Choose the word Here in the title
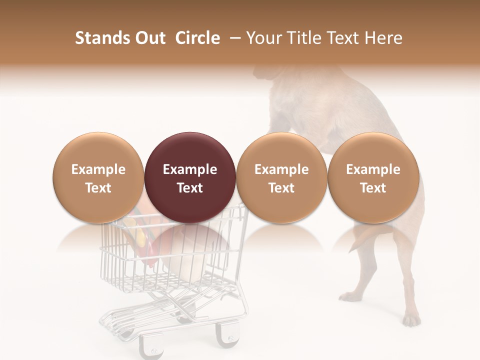coord(383,38)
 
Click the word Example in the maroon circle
coord(190,169)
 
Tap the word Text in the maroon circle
coord(190,188)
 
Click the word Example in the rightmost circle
coord(373,169)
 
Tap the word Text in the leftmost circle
coord(98,188)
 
